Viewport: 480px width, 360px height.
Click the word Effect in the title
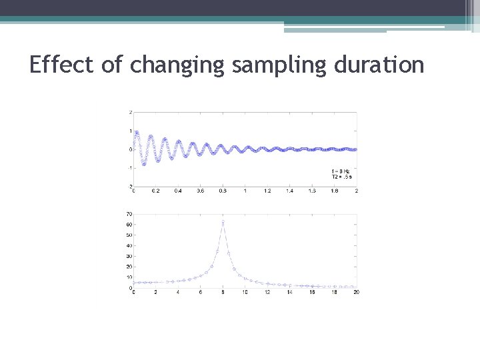point(63,65)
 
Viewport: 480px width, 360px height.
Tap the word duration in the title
point(375,65)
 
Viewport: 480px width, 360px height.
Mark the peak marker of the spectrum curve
point(223,221)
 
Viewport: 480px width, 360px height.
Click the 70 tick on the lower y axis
point(129,214)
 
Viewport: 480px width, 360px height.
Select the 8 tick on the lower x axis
point(223,293)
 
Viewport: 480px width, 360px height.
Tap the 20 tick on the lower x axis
point(356,293)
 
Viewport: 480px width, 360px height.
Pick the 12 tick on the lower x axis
point(267,293)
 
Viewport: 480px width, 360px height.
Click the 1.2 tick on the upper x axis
point(267,191)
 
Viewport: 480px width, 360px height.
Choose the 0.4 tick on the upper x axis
point(178,191)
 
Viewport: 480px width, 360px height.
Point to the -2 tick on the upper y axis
point(129,186)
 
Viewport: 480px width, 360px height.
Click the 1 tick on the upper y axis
point(130,131)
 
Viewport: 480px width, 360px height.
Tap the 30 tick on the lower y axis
point(129,256)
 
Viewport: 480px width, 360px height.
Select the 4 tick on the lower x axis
point(178,293)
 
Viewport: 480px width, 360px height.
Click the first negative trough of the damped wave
point(143,164)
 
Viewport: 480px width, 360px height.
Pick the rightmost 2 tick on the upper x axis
point(357,191)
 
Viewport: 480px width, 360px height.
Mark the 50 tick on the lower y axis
point(129,235)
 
